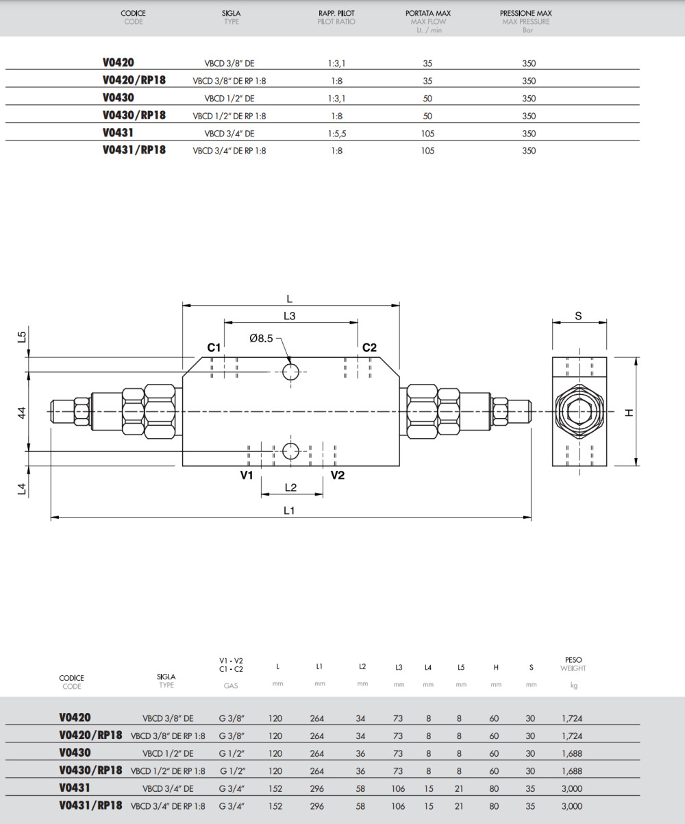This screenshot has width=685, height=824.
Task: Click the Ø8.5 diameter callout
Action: (261, 338)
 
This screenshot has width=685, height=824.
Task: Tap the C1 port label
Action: (214, 348)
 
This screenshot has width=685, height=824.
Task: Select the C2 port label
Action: (369, 348)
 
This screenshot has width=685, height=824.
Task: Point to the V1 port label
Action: (247, 475)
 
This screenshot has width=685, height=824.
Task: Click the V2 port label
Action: (338, 475)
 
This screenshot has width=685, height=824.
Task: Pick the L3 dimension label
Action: (290, 316)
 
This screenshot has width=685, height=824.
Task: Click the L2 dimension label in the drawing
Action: (290, 487)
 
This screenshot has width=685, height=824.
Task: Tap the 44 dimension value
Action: (21, 412)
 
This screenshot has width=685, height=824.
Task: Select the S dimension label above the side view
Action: (579, 316)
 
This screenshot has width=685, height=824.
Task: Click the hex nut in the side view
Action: (580, 411)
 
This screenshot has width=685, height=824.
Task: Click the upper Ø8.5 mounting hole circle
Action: (290, 372)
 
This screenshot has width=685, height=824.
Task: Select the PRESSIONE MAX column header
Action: (525, 13)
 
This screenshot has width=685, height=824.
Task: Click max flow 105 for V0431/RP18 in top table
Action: (428, 151)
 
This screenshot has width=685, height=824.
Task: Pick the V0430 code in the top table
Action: (119, 98)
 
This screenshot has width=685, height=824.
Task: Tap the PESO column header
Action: (573, 660)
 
